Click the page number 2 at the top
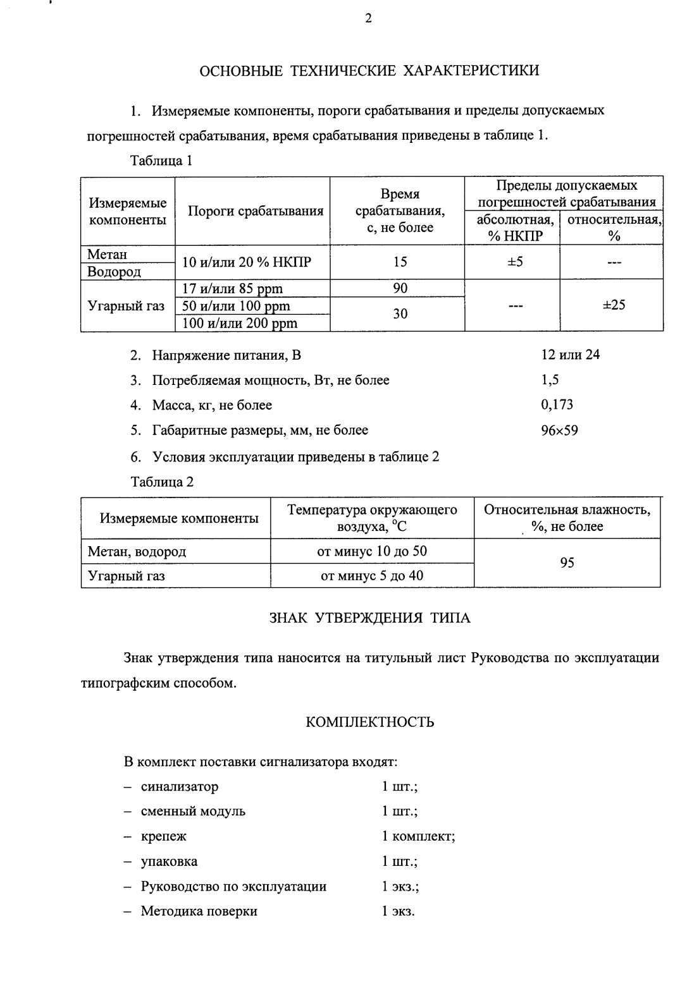[x=368, y=19]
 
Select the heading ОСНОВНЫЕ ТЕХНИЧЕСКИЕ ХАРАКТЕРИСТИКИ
[x=369, y=70]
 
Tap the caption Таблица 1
[x=161, y=161]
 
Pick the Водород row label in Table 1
[x=114, y=272]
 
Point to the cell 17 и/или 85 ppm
[x=232, y=289]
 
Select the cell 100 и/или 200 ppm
[x=239, y=324]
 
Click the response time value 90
[x=400, y=289]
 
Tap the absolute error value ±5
[x=515, y=262]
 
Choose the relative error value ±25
[x=613, y=305]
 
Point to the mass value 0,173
[x=557, y=405]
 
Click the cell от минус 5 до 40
[x=372, y=576]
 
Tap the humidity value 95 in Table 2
[x=567, y=563]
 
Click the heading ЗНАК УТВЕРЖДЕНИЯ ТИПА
[x=369, y=618]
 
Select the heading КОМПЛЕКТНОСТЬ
[x=369, y=722]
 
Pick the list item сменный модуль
[x=193, y=812]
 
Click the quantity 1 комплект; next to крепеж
[x=418, y=836]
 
